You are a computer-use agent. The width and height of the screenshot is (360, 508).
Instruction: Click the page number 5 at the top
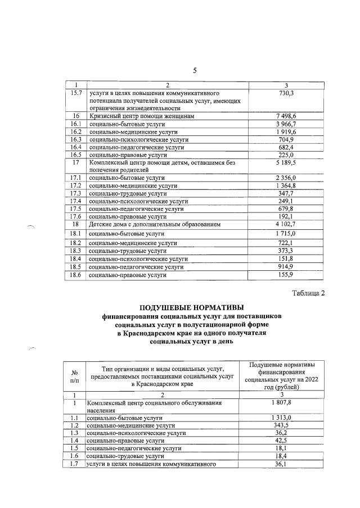(x=195, y=70)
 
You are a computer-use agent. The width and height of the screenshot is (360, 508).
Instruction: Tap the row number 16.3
(x=75, y=139)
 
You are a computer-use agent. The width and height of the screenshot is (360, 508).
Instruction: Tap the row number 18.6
(x=75, y=275)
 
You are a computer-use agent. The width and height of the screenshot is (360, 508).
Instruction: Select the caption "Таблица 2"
(x=308, y=293)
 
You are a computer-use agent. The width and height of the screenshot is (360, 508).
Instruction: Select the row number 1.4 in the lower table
(x=74, y=441)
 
